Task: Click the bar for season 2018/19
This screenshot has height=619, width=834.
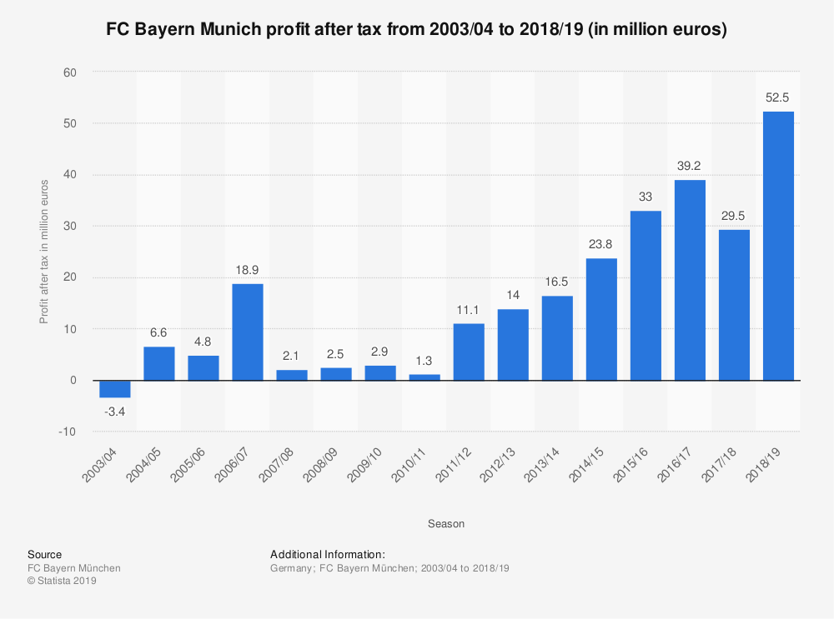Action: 778,246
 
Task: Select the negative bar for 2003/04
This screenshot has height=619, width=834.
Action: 115,389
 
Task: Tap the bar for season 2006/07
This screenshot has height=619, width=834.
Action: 248,332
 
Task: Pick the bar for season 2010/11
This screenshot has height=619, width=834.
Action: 425,377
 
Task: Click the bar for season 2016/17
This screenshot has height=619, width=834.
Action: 690,280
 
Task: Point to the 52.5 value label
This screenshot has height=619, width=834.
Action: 778,97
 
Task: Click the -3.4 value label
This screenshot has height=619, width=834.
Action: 115,411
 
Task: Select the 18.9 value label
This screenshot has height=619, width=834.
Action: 248,269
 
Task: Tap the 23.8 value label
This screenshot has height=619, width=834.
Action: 601,244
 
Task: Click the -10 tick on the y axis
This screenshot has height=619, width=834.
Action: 68,432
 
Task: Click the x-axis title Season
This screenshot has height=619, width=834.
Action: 446,524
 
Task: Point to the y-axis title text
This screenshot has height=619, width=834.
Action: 44,252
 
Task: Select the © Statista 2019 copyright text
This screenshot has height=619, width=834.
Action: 63,582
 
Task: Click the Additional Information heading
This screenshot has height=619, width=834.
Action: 328,554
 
